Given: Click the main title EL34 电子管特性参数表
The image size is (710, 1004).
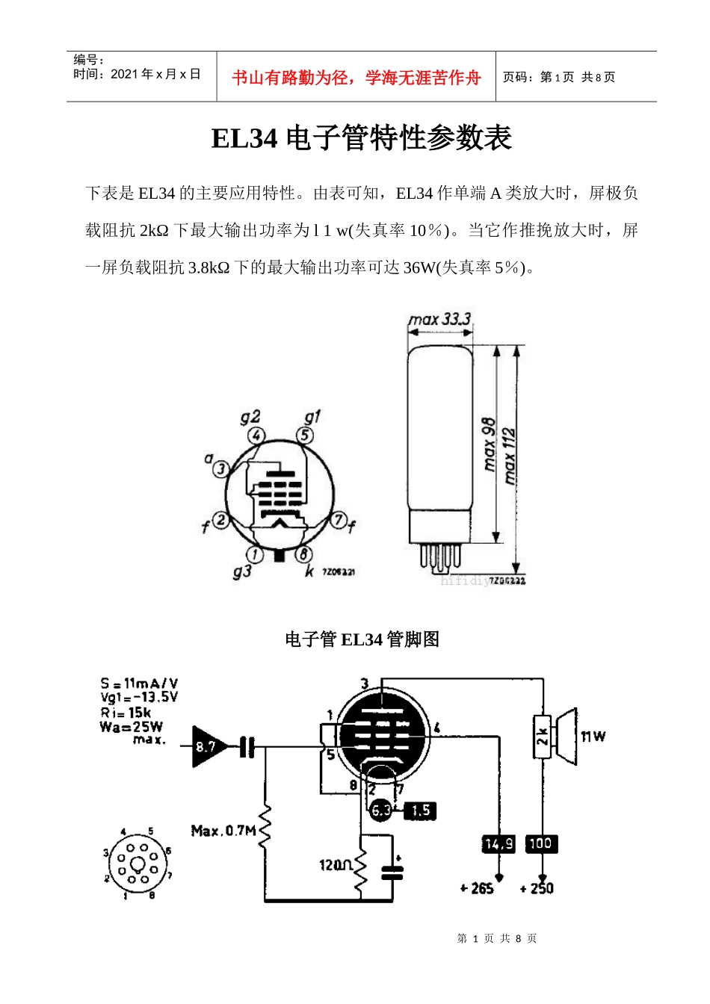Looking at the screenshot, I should [x=361, y=138].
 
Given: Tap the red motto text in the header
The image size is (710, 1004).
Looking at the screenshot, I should [x=356, y=78].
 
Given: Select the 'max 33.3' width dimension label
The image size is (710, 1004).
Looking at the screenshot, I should [x=439, y=320].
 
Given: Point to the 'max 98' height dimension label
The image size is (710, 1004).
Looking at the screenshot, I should [x=489, y=444].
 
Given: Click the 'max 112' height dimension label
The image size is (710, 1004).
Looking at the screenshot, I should [x=510, y=455].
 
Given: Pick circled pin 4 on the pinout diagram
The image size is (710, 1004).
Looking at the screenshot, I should [x=256, y=436].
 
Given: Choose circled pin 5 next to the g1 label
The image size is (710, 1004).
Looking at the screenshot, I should [x=304, y=435].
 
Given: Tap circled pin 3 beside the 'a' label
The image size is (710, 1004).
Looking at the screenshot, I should [x=221, y=469].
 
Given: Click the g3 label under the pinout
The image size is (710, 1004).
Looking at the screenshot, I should [x=241, y=571].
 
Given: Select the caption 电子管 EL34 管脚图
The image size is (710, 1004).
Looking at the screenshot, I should [x=362, y=639].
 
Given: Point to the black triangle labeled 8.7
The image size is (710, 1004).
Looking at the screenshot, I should [x=206, y=746].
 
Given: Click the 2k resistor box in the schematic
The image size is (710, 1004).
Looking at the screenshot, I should [x=543, y=737].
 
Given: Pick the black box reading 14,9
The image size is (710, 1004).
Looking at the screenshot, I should [x=498, y=844].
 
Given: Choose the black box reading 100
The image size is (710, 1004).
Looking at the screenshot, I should [x=540, y=844].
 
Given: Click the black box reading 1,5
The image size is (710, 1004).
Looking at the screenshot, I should [x=420, y=811].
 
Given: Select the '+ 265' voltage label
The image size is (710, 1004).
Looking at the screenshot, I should [x=477, y=888].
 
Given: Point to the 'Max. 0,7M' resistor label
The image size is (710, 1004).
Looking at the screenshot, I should [x=223, y=831].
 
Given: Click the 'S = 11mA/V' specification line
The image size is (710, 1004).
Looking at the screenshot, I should [x=139, y=683].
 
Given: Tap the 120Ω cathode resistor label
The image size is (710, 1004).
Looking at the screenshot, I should [x=336, y=865].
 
